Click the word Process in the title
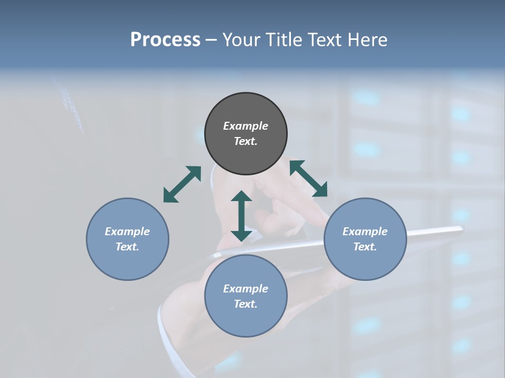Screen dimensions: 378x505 pos(165,40)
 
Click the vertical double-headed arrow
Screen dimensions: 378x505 pos(241,216)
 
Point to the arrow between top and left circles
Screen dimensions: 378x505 pos(182,184)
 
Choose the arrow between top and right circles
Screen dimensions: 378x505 pos(308,178)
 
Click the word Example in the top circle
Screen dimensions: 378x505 pos(246,126)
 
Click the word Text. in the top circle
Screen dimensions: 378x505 pos(246,141)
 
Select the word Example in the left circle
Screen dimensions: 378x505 pos(127,232)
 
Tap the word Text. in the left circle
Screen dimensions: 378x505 pos(127,247)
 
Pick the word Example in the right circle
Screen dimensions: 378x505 pos(365,232)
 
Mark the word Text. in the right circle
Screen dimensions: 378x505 pos(365,247)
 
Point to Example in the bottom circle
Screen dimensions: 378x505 pos(246,289)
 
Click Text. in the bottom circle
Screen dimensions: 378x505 pos(246,304)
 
